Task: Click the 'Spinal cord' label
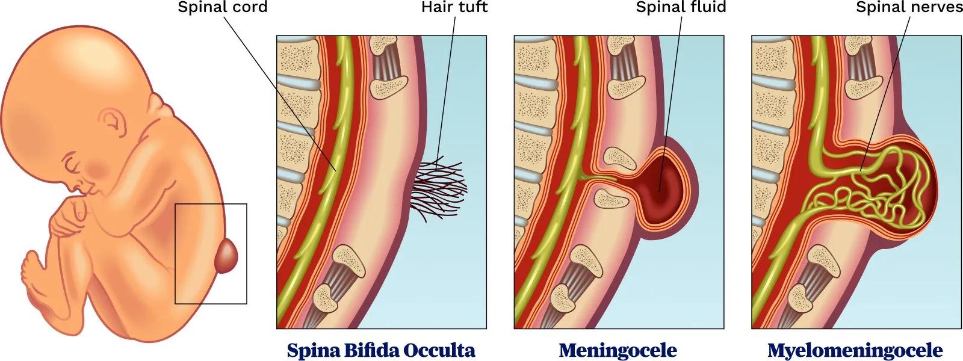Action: point(222,8)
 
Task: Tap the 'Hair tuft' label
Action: point(454,8)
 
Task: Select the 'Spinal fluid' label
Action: point(681,8)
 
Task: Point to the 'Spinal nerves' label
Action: point(909,8)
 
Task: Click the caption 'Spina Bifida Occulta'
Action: point(381,350)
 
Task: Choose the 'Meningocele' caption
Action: point(618,350)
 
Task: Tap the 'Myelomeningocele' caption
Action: point(855,350)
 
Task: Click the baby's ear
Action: point(114,124)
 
